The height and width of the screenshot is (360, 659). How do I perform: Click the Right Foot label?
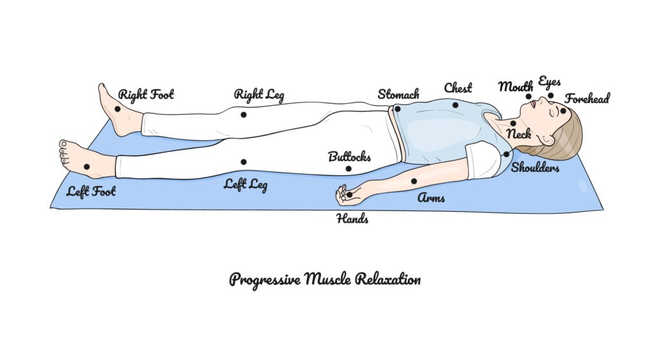coord(145,95)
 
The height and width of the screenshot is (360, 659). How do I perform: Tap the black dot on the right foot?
coord(118,109)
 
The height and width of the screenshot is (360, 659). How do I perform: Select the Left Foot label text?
coord(91,191)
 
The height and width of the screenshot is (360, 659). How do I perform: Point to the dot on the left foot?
coord(87,166)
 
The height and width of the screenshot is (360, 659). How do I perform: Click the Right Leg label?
coord(259,95)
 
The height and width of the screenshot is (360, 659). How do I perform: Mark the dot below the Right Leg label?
coord(243,115)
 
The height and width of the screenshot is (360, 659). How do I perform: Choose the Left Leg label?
coord(245,185)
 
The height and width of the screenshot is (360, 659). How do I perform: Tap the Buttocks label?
coord(349,156)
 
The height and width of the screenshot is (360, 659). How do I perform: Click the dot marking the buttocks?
coord(348,169)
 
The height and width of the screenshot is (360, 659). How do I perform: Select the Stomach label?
coord(398,95)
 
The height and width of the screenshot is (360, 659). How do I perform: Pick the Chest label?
coord(458,88)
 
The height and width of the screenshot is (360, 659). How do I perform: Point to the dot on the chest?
coord(455,105)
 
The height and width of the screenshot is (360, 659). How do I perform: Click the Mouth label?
coord(515,86)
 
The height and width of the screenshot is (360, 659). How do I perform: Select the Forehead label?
coord(587,99)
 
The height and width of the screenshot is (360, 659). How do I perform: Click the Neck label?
coord(519,135)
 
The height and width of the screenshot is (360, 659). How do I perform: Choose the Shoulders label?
coord(535,168)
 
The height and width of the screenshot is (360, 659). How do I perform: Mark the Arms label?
coord(431,198)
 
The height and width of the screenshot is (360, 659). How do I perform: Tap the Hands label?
coord(352,219)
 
